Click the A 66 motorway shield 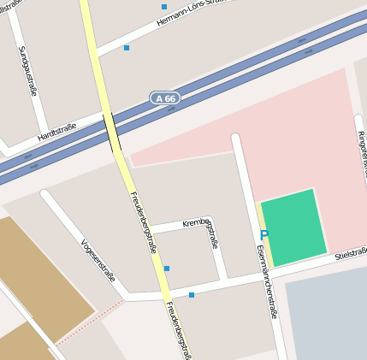tap(166, 98)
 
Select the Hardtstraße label tap(57, 132)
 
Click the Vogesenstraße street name tap(97, 259)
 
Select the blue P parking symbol tap(263, 235)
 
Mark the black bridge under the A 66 tap(111, 133)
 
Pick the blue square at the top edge tap(164, 7)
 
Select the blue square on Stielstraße tap(192, 295)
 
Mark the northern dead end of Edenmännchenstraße tap(236, 137)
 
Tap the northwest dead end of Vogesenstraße tap(46, 195)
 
